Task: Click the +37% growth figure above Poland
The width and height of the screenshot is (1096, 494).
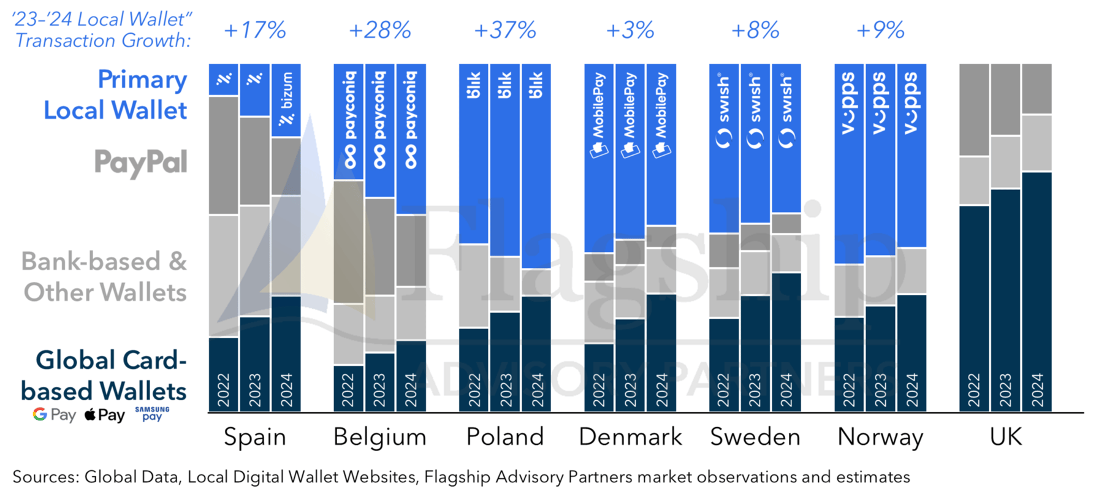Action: (505, 30)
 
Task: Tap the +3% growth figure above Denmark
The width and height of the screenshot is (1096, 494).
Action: (630, 30)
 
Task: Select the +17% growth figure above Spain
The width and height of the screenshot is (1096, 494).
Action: (255, 30)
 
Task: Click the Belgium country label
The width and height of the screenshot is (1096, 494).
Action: (379, 437)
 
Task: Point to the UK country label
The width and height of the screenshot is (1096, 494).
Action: (1006, 437)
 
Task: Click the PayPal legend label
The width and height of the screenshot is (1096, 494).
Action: (140, 163)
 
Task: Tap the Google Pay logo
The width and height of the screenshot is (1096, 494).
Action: (54, 415)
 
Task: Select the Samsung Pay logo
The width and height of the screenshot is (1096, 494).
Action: (152, 414)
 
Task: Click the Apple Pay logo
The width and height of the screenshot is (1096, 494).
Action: (104, 415)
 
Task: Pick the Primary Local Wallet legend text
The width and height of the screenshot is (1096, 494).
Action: (115, 95)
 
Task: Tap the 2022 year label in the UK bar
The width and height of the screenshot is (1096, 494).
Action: (974, 390)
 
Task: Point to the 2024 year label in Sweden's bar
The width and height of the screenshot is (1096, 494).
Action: (786, 390)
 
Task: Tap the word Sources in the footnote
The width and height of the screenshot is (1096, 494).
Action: (45, 477)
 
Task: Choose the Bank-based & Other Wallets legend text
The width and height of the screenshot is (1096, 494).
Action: (104, 276)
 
